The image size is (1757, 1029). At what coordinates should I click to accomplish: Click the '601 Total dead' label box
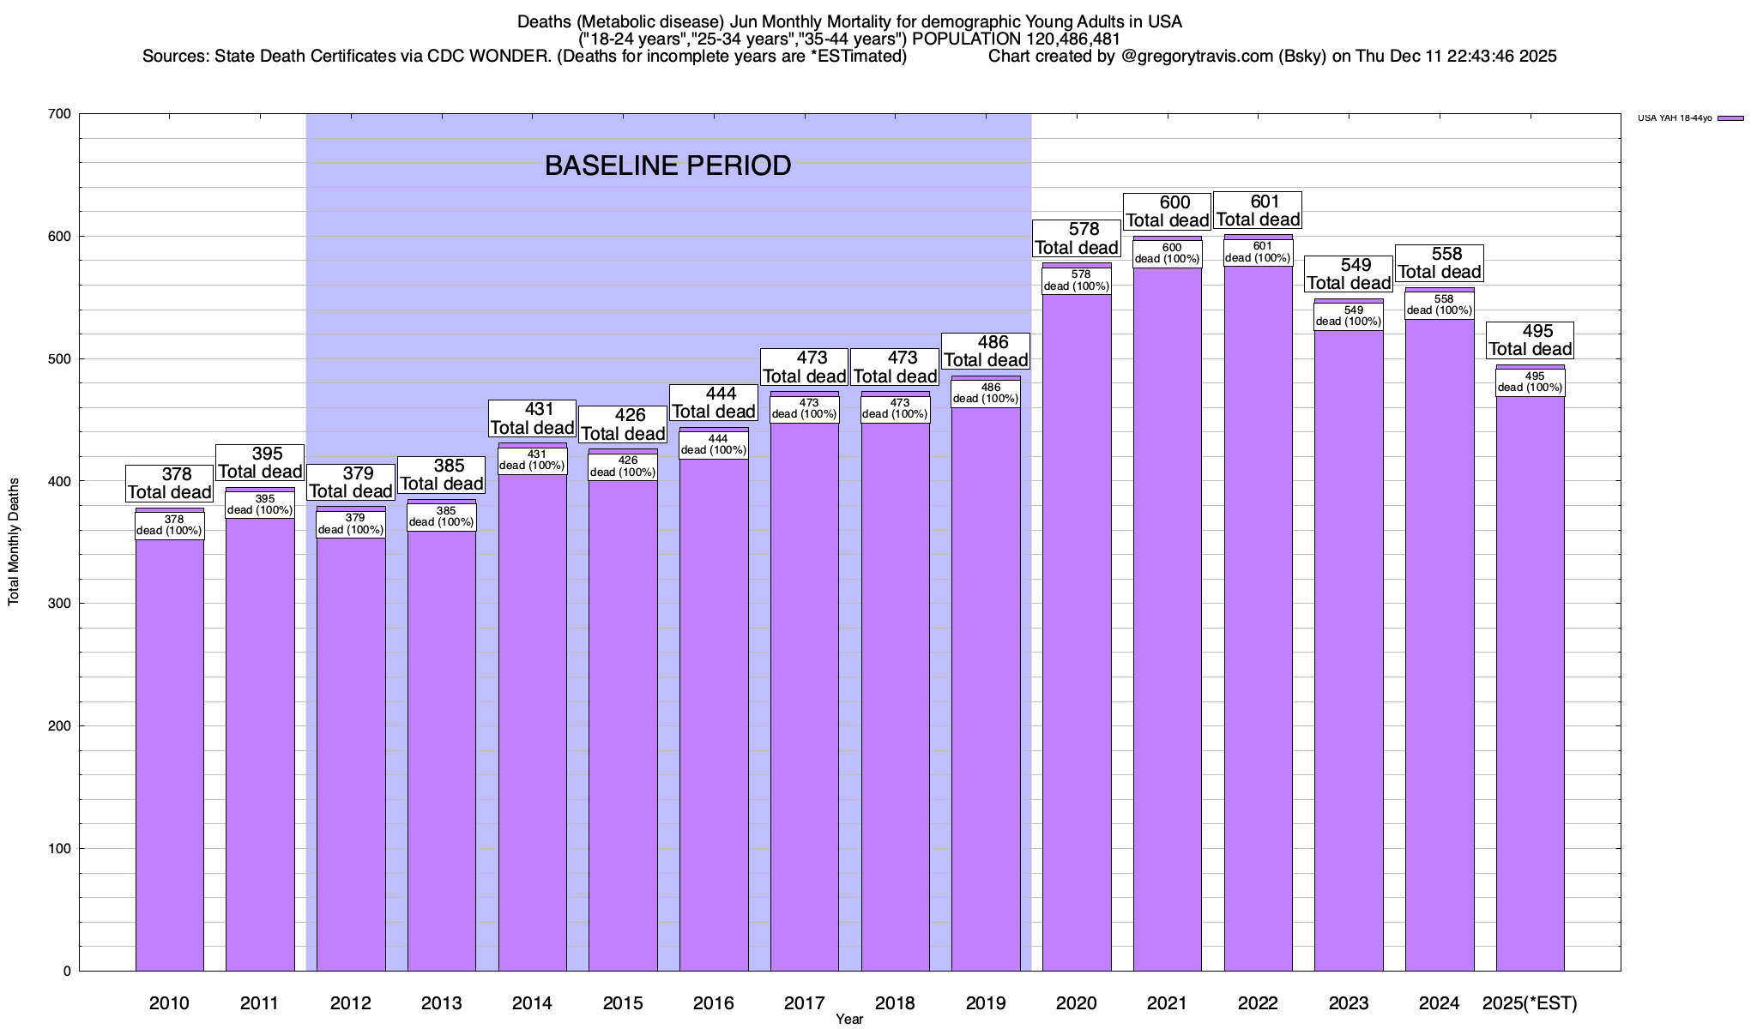1258,211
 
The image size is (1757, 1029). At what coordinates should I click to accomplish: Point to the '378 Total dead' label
170,484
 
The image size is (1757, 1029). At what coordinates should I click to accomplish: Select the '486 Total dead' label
986,352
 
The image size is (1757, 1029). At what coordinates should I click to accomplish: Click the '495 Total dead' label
1531,340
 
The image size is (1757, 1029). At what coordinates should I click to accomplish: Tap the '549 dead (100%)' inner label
1349,316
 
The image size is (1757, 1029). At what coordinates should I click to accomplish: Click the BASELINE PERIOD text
667,165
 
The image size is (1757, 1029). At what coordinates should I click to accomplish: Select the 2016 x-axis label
714,1003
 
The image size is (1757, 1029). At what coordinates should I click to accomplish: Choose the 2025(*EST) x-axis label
1531,1003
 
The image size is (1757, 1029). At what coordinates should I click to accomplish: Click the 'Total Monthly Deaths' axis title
14,542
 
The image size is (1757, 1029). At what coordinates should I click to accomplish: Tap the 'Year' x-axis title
849,1020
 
